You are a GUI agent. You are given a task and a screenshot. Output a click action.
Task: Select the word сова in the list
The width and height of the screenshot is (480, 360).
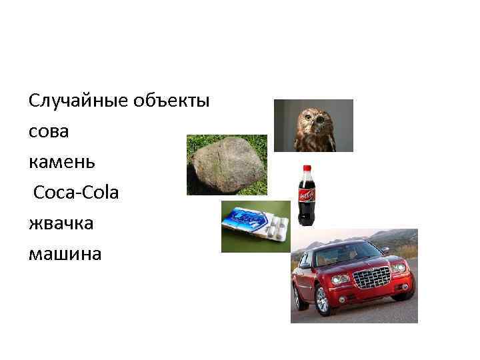tap(49, 132)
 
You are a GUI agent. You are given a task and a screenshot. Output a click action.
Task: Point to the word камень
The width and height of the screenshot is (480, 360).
tap(62, 162)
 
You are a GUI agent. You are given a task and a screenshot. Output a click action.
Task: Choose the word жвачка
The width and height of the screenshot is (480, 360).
tap(61, 223)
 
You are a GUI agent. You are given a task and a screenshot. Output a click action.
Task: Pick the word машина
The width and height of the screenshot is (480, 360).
tap(65, 254)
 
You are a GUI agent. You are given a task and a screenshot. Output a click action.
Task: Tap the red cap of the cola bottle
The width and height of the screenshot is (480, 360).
tap(308, 169)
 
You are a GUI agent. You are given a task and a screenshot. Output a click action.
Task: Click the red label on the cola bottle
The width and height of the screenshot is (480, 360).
tap(307, 195)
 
